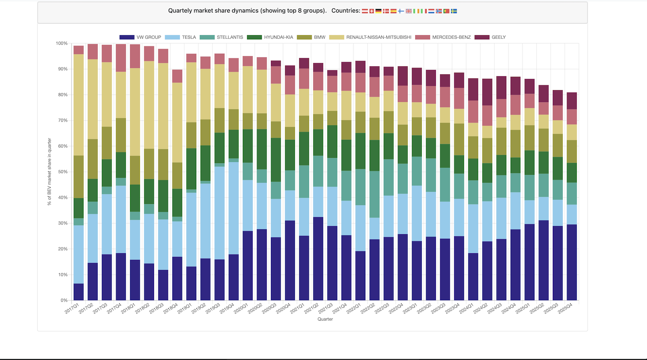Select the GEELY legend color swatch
click(x=482, y=37)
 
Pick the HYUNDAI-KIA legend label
click(x=278, y=37)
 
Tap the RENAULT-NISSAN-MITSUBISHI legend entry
click(x=378, y=37)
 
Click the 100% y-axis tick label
click(x=61, y=43)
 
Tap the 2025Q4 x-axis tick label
click(x=565, y=309)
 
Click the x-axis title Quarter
click(x=325, y=319)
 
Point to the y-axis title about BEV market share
click(x=50, y=172)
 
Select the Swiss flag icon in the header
click(x=372, y=11)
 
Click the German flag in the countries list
click(x=378, y=11)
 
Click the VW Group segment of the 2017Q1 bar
click(x=79, y=292)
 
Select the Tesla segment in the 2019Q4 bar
click(x=234, y=208)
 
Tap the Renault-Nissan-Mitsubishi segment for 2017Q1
click(x=79, y=105)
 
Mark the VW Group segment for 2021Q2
click(x=318, y=259)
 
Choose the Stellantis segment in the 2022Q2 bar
click(x=374, y=194)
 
